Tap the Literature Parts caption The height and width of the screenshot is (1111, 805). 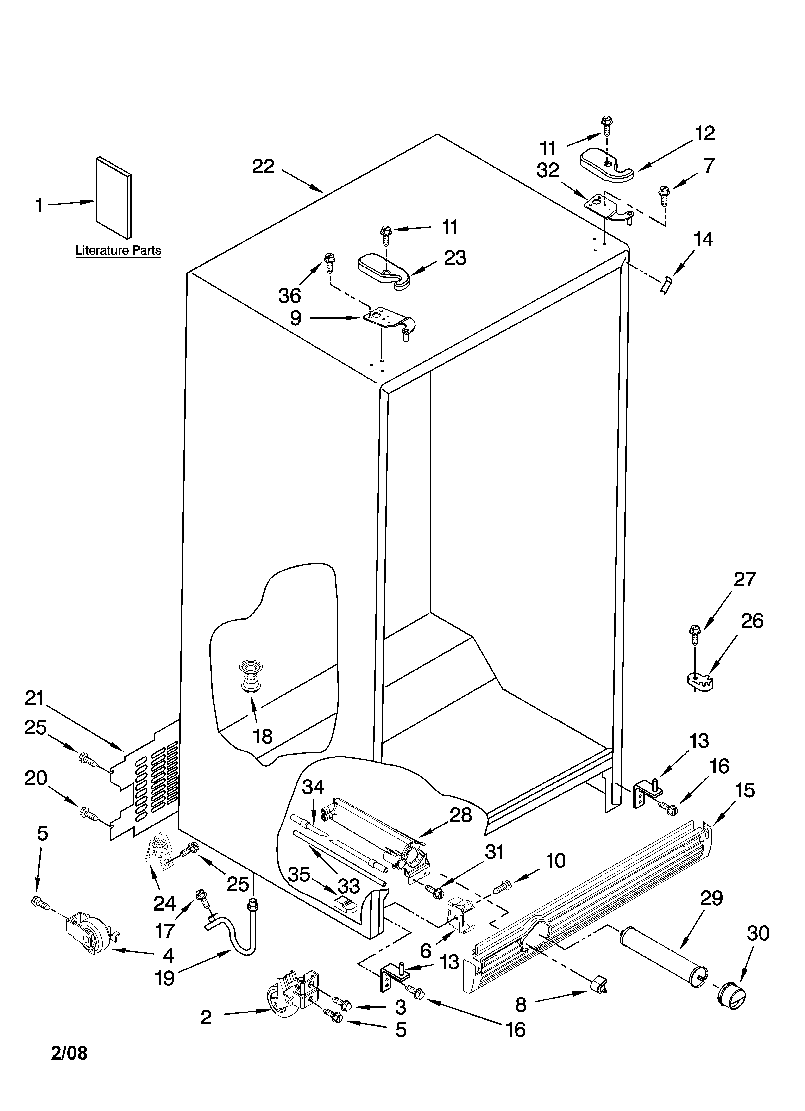118,251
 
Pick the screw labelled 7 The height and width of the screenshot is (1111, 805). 664,194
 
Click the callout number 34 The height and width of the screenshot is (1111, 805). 313,787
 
